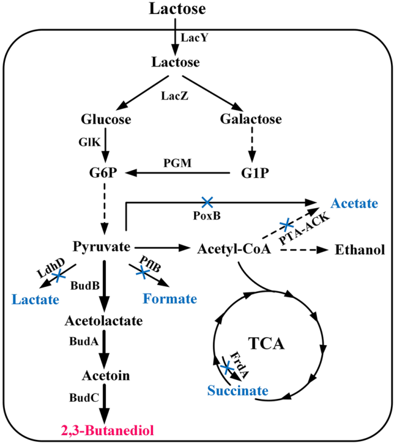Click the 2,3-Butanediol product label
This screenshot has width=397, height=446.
tap(107, 430)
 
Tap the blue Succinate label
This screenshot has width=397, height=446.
tap(237, 390)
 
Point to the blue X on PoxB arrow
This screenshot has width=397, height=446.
tap(207, 201)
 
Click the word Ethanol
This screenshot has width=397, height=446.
tap(359, 249)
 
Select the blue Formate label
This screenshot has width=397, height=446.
tap(170, 299)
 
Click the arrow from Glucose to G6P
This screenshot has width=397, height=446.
tap(107, 146)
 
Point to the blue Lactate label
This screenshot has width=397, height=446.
tap(38, 299)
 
